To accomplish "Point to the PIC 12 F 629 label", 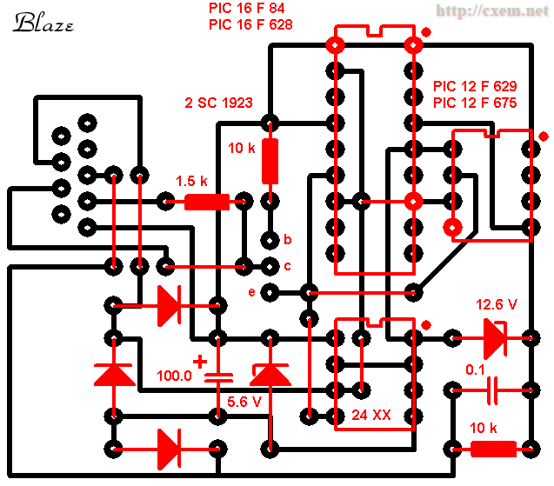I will click(474, 88).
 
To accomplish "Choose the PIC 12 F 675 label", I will click(474, 103).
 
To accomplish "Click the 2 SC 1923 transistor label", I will click(218, 103).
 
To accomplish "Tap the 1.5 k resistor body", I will click(207, 203).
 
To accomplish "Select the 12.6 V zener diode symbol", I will click(493, 337).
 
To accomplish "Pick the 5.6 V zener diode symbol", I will click(271, 374).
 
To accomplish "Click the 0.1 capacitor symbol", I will click(492, 389).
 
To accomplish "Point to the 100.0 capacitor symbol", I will click(218, 377).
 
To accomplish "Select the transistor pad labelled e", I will click(270, 291).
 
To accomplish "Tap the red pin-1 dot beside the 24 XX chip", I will click(425, 325).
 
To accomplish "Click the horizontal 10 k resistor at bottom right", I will click(492, 449).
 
